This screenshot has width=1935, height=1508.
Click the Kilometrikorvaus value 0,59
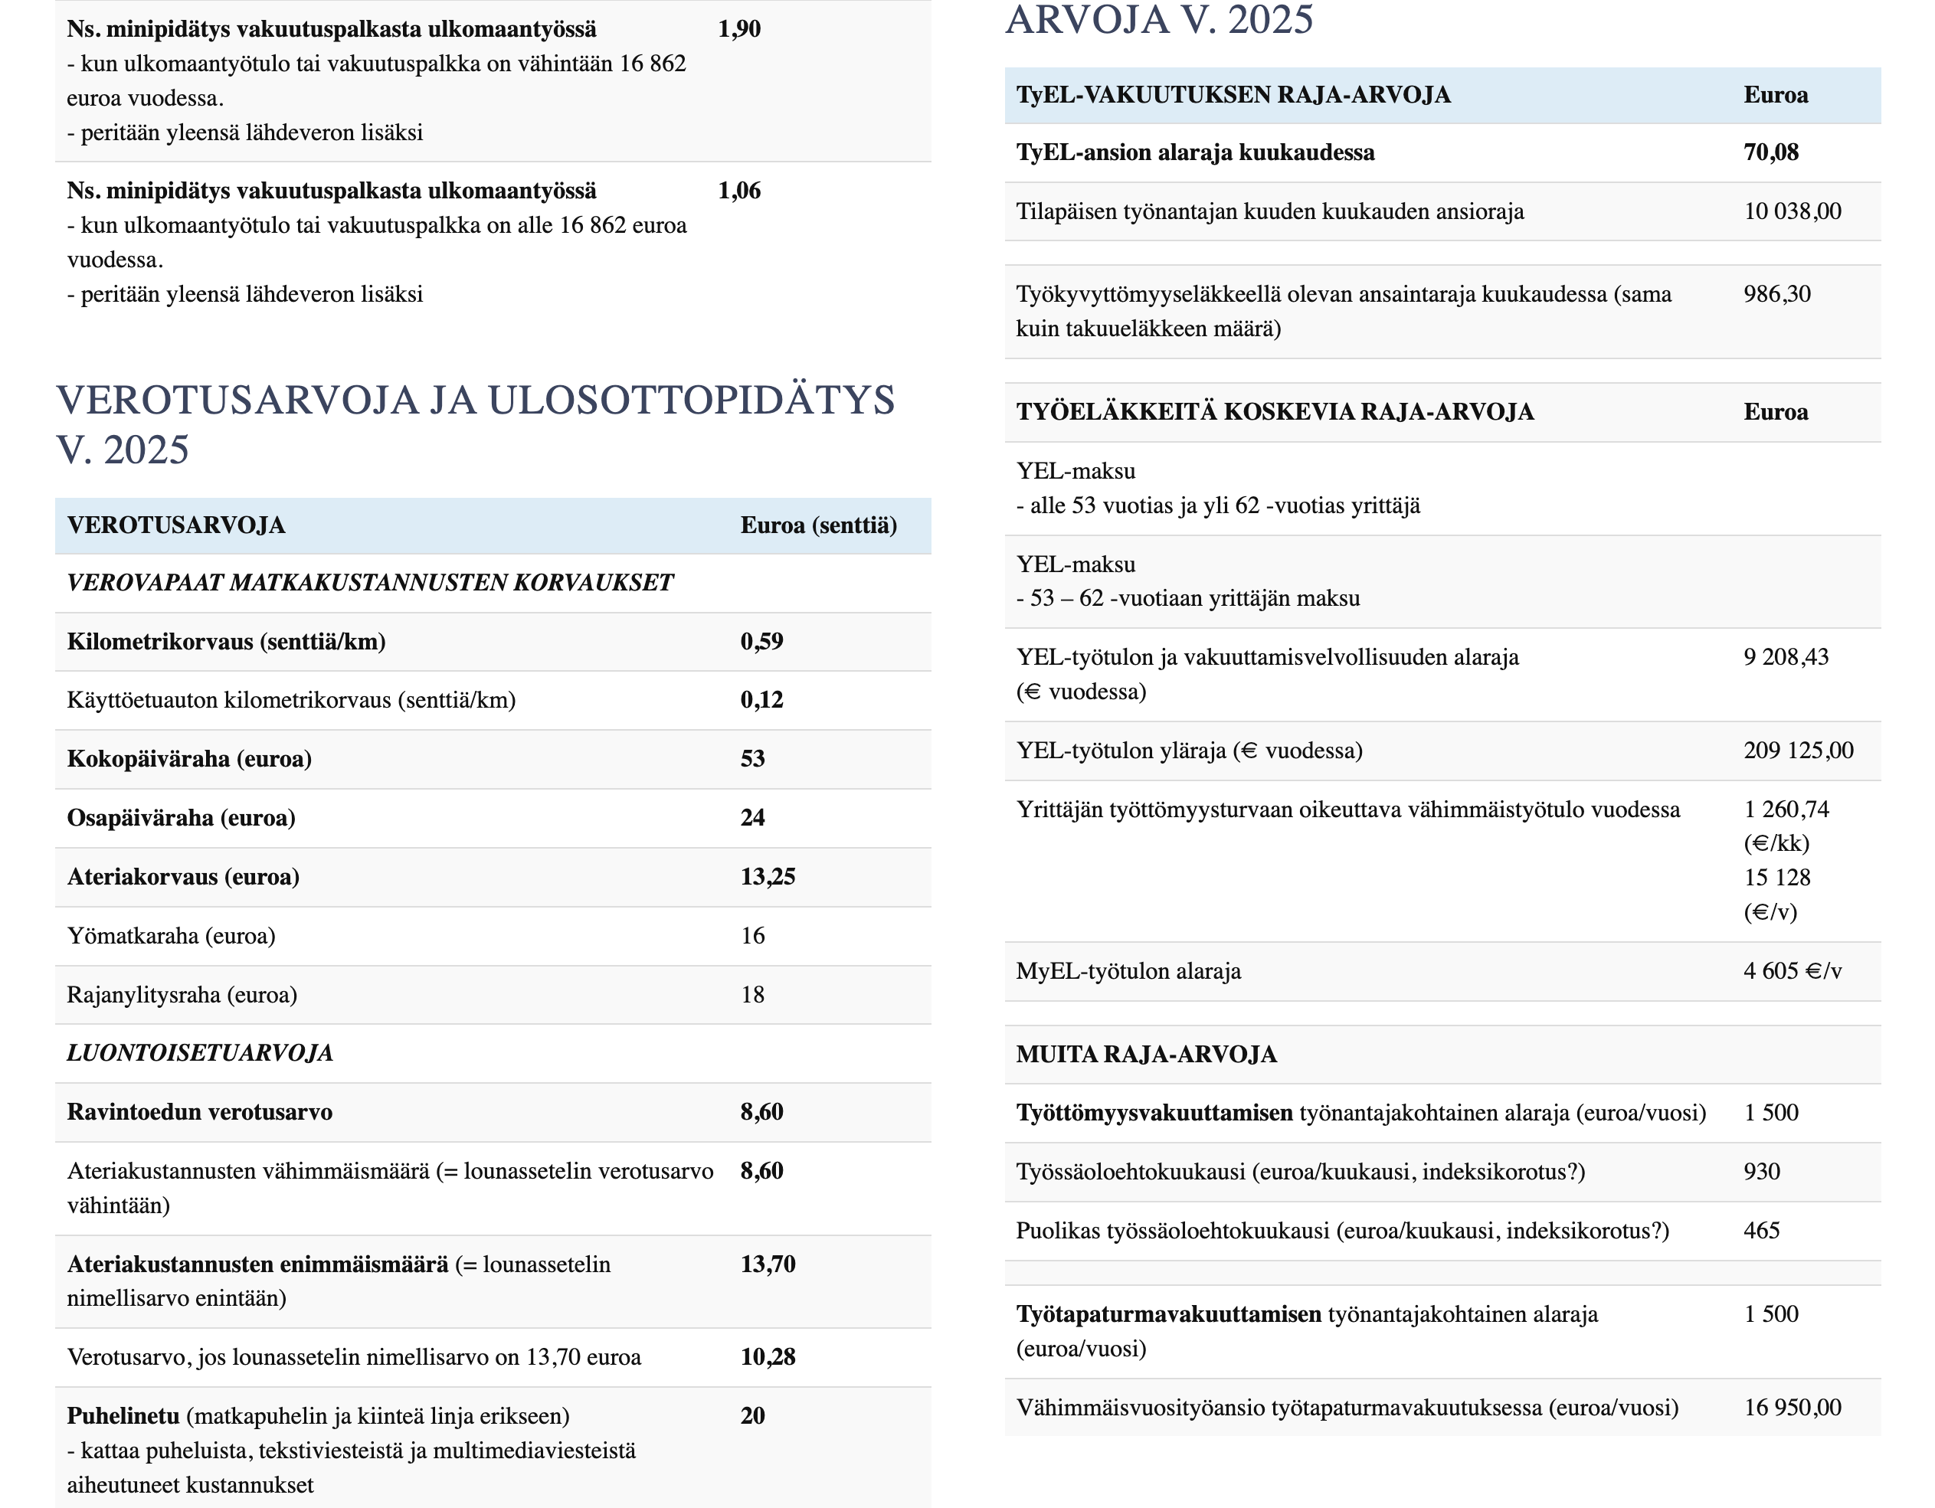[x=761, y=642]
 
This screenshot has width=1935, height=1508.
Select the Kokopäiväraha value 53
[x=752, y=759]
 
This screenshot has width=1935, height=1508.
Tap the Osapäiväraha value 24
[x=752, y=818]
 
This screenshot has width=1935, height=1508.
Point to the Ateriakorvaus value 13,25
[x=768, y=877]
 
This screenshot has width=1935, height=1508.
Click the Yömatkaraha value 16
[x=752, y=936]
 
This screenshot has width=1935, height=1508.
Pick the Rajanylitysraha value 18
[x=752, y=995]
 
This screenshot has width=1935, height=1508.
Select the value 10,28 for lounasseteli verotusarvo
[x=768, y=1357]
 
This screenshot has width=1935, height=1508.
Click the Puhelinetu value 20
[x=752, y=1416]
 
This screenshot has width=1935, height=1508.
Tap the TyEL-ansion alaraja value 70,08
[x=1770, y=152]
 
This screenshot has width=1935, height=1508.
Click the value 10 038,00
[x=1792, y=211]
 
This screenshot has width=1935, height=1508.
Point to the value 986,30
[x=1776, y=294]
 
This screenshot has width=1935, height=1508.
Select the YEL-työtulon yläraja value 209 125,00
[x=1798, y=751]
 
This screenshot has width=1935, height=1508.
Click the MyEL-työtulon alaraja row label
[x=1128, y=972]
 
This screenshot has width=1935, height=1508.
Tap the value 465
[x=1761, y=1231]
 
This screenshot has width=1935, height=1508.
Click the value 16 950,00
[x=1792, y=1408]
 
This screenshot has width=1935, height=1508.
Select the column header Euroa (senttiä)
[x=818, y=525]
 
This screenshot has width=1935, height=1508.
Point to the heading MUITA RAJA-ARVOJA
[x=1145, y=1055]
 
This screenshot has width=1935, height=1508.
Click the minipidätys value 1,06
[x=739, y=191]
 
